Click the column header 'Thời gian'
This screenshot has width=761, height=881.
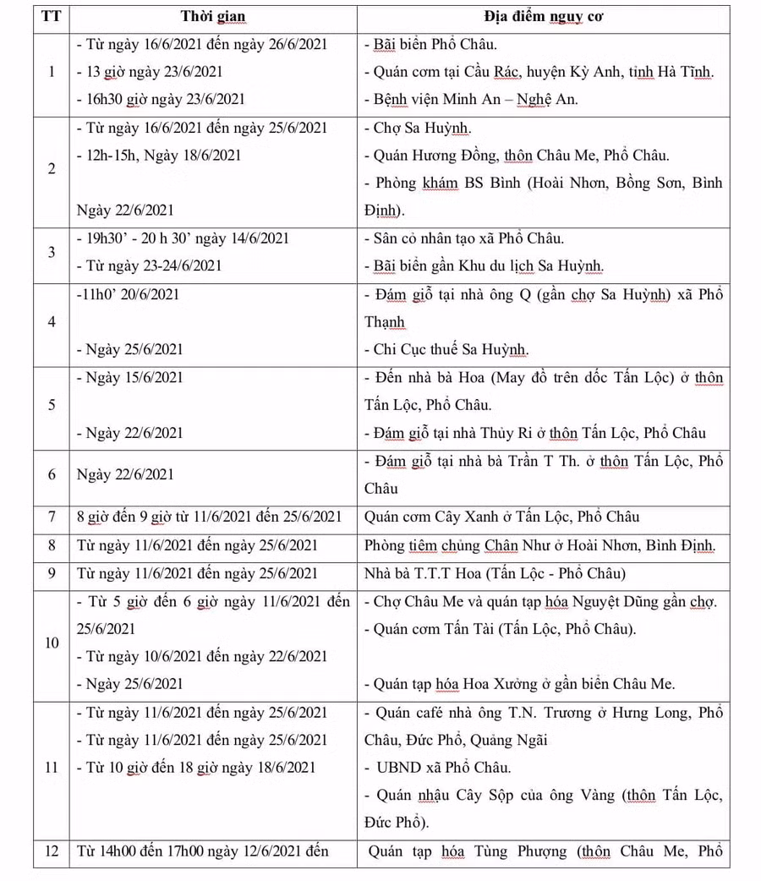[212, 17]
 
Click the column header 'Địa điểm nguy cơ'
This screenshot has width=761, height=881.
[543, 17]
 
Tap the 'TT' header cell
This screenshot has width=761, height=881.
[51, 17]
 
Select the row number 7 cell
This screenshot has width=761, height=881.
[51, 517]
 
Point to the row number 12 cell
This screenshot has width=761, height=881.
[51, 851]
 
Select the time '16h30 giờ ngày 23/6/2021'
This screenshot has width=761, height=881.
[165, 99]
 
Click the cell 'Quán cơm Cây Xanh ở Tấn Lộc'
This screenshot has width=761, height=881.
[501, 517]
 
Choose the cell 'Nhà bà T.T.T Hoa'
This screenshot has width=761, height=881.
[494, 574]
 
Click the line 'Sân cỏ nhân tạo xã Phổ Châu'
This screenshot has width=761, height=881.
[468, 238]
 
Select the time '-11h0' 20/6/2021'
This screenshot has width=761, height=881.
[128, 295]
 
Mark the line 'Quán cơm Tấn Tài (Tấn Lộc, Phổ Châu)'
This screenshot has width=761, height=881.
[499, 629]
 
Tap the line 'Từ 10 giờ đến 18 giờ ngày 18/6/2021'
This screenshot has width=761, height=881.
[200, 768]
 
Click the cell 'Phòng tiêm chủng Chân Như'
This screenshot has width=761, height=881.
[539, 546]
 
